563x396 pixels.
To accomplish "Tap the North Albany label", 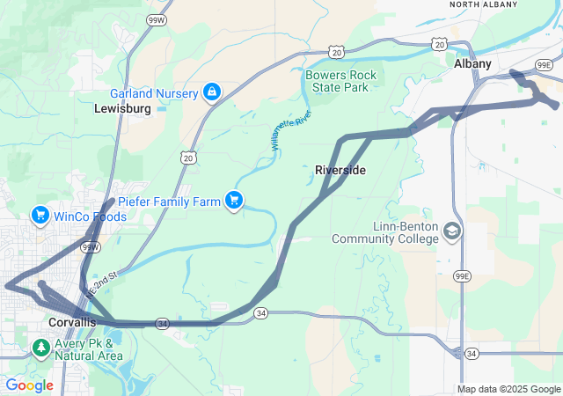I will point(484,4).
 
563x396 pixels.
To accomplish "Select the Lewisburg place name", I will point(122,108).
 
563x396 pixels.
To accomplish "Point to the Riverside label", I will point(340,169).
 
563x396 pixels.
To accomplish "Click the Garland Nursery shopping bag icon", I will point(212,92).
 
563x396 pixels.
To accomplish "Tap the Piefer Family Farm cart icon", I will point(233,202).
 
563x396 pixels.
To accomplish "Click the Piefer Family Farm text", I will point(169,202).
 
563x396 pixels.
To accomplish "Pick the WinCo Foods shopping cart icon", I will point(40,215).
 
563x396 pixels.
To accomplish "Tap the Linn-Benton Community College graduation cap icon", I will point(452,231).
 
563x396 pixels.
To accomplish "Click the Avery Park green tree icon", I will point(40,348).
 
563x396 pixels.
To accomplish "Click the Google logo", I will point(29,385).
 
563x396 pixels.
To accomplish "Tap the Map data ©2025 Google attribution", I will point(508,389).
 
